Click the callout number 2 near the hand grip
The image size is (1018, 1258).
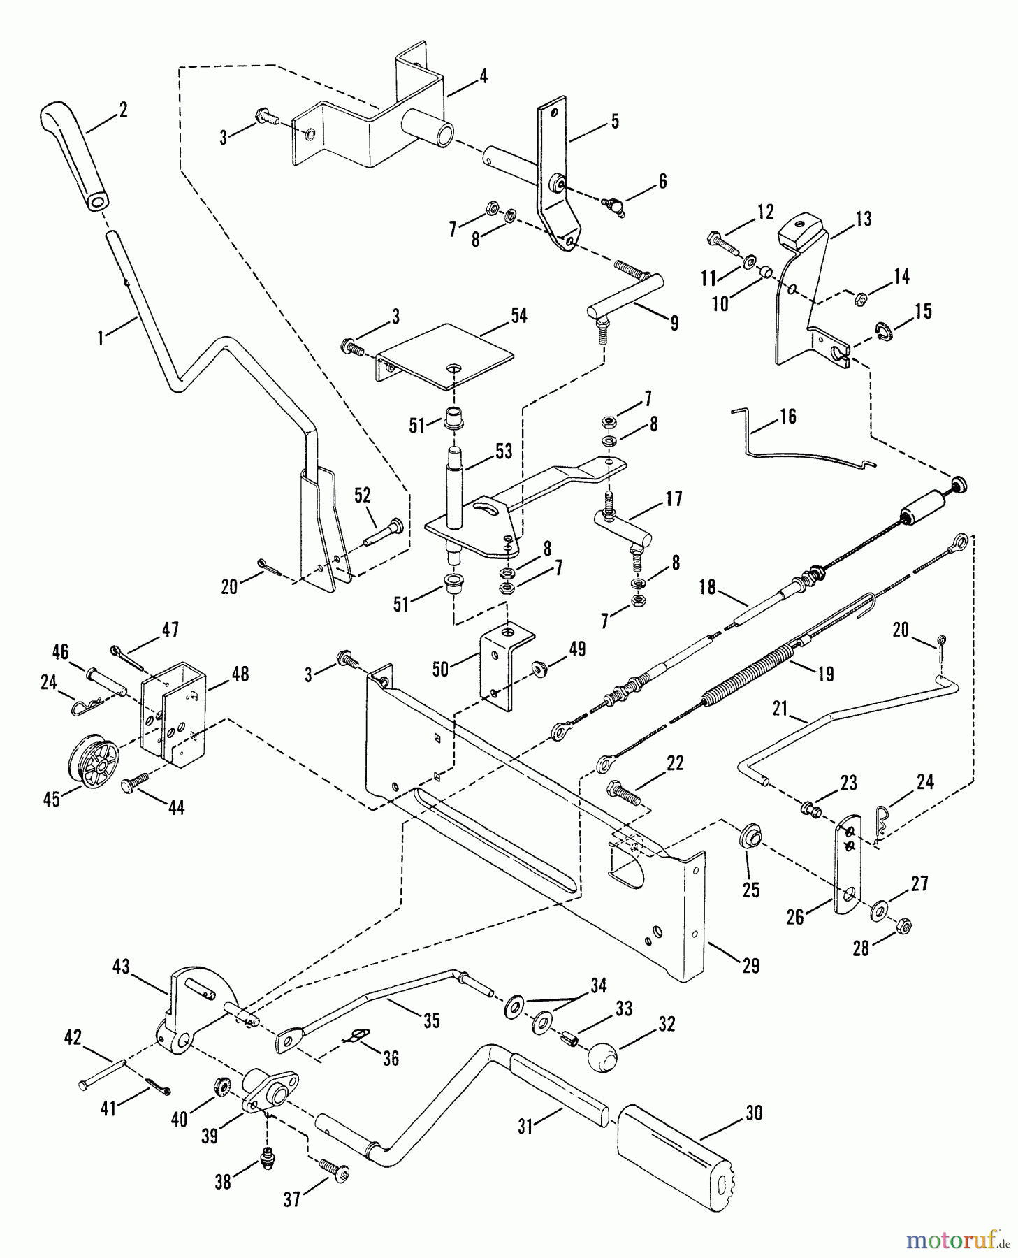(123, 110)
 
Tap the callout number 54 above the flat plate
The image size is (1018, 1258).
(518, 315)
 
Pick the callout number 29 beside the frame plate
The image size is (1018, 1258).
(750, 965)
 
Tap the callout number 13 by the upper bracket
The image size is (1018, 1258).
(864, 219)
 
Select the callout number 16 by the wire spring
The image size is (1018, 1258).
(787, 417)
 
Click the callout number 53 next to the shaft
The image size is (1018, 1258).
(502, 451)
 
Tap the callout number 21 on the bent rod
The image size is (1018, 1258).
(780, 709)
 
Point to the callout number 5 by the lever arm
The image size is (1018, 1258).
(614, 121)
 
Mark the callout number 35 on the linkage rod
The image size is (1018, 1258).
(431, 1021)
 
